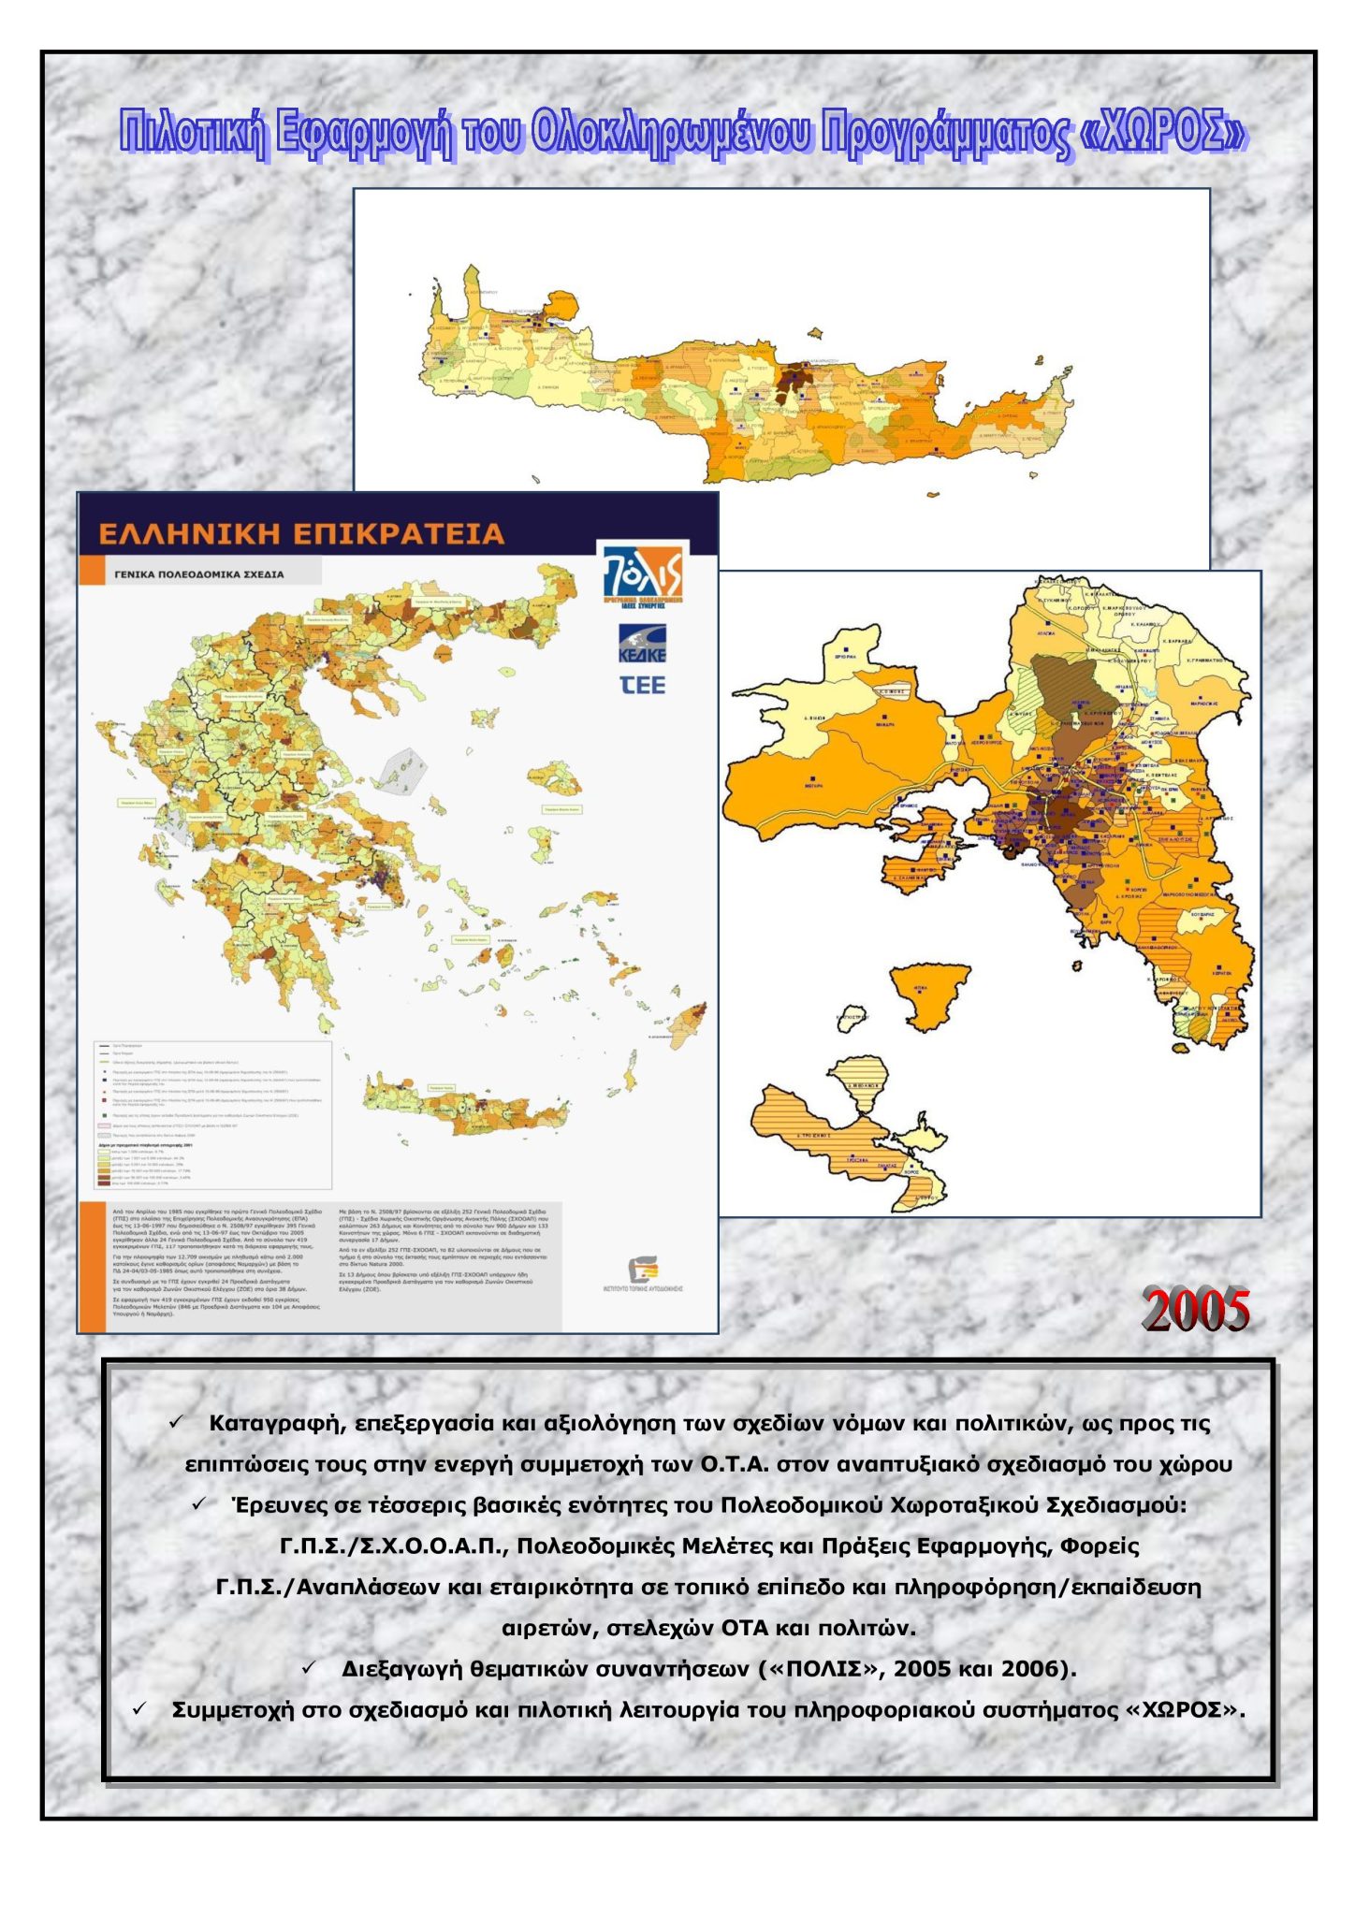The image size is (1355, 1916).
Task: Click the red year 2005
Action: point(1195,1309)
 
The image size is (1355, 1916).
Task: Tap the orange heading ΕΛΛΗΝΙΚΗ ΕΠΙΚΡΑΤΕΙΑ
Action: point(301,534)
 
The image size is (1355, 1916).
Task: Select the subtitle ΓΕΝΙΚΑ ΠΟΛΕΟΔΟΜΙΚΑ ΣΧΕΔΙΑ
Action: point(199,573)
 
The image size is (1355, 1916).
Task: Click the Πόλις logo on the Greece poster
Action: point(642,572)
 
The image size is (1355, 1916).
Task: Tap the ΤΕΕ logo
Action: point(643,686)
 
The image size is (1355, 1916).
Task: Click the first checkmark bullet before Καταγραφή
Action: point(177,1421)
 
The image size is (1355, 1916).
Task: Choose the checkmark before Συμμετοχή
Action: point(139,1708)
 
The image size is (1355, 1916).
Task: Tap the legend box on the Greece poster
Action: point(213,1114)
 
